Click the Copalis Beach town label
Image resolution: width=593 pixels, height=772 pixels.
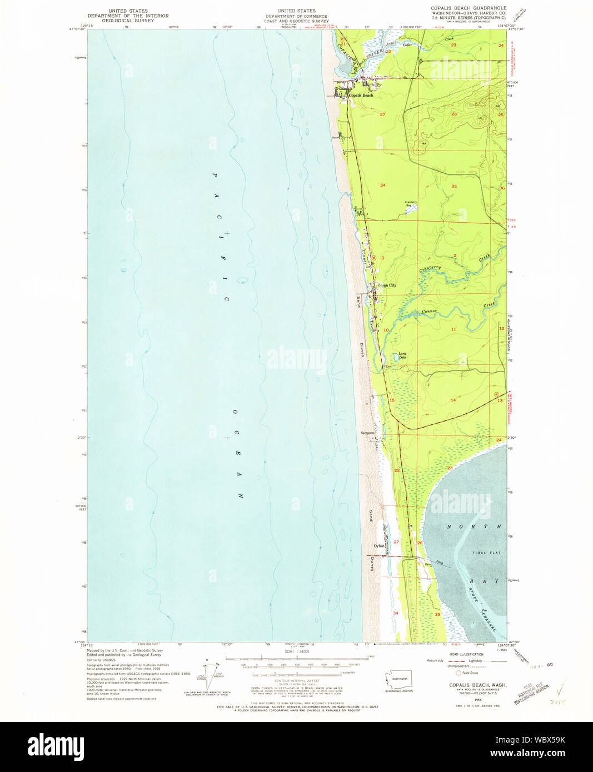[x=361, y=96]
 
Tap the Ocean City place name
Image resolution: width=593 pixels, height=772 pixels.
[x=387, y=285]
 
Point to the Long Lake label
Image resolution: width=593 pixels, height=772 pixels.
[x=402, y=355]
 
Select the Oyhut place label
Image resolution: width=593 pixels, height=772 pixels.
[x=379, y=546]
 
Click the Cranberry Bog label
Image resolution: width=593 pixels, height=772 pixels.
[x=411, y=203]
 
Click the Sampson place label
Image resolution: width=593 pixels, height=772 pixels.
[x=367, y=433]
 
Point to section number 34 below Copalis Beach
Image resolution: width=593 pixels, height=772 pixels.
[x=382, y=185]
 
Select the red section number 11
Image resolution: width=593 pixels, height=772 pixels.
[x=454, y=329]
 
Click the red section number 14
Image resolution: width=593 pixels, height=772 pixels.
[x=453, y=400]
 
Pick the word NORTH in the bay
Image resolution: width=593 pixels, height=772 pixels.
[x=475, y=526]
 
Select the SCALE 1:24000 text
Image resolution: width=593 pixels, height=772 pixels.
[x=296, y=651]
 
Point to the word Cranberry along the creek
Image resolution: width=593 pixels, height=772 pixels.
[x=431, y=268]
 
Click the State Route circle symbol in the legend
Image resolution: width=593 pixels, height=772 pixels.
[x=459, y=673]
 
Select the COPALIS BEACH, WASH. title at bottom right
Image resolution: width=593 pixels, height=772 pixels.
[x=478, y=685]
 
